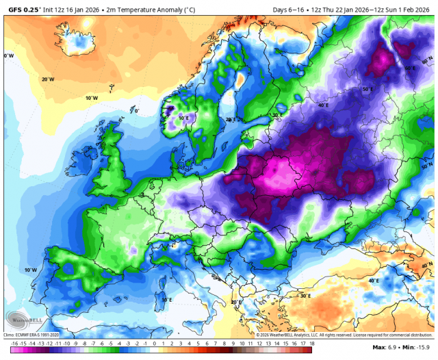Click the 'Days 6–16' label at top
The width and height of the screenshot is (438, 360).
point(288,10)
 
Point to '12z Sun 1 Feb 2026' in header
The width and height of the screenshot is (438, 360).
point(401,10)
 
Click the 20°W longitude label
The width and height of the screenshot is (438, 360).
point(47,79)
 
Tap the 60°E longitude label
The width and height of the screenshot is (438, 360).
point(410,68)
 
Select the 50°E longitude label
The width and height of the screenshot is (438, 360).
point(368,89)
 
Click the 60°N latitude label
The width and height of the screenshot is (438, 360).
point(428,62)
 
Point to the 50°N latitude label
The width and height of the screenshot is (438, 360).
point(428,166)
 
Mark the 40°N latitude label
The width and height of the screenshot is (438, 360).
point(428,265)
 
